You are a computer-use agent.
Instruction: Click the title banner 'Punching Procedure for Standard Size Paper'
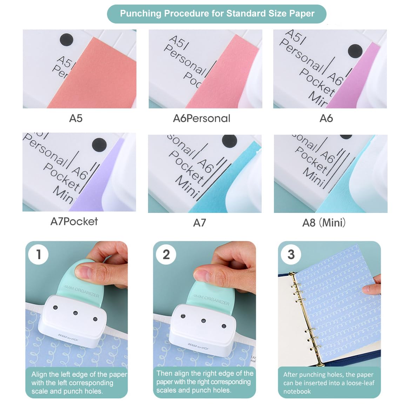tap(217, 14)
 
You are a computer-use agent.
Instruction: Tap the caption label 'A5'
tap(76, 118)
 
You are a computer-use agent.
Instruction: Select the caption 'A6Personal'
tap(202, 118)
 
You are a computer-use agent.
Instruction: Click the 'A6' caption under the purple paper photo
tap(326, 118)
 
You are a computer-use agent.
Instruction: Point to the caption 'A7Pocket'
tap(74, 221)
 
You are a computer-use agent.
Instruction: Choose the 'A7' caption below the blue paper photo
tap(199, 223)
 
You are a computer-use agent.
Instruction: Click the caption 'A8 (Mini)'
tap(324, 223)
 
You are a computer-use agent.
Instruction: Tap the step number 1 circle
tap(39, 254)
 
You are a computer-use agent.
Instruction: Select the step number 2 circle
tap(166, 254)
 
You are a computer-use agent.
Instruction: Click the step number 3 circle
tap(291, 254)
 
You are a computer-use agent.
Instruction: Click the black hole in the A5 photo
tap(66, 40)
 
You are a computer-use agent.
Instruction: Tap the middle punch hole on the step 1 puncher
tap(75, 313)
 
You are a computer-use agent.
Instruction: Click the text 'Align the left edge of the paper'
tap(79, 374)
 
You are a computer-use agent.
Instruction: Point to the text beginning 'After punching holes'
tap(328, 375)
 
